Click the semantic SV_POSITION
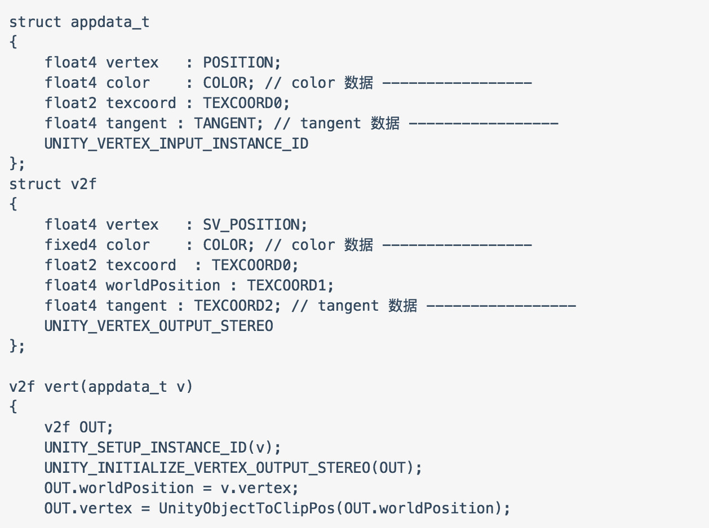255,225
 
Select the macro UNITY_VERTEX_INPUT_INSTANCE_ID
176,144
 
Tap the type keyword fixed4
71,245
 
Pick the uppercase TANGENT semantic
224,123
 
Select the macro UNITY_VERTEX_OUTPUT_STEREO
159,326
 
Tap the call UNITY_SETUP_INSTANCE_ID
145,448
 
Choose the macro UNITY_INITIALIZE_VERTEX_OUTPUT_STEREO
207,468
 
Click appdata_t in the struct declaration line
110,22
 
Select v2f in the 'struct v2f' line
84,184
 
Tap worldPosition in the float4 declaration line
163,285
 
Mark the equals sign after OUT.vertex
146,508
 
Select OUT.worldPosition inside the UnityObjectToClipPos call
419,508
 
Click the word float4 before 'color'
71,83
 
